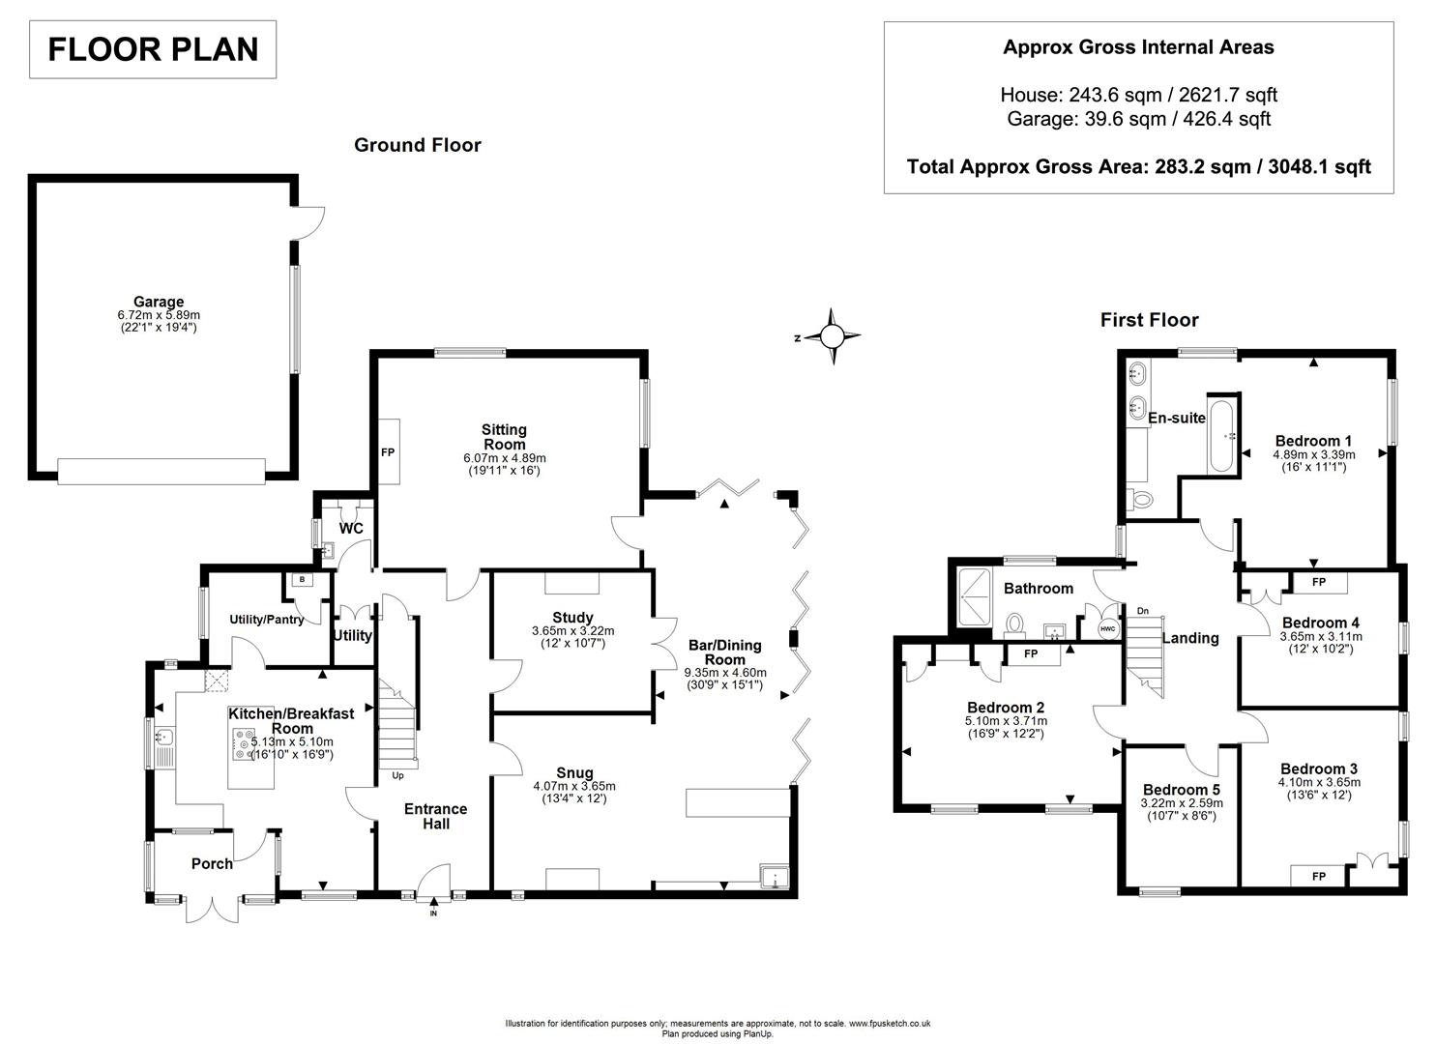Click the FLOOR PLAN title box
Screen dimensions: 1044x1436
pyautogui.click(x=153, y=49)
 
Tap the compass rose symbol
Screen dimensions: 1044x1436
pyautogui.click(x=833, y=336)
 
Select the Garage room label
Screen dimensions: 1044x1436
pyautogui.click(x=159, y=302)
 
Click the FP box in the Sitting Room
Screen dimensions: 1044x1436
pyautogui.click(x=388, y=451)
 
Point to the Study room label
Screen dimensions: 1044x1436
pyautogui.click(x=572, y=618)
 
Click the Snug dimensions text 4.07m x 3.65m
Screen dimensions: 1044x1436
pyautogui.click(x=573, y=786)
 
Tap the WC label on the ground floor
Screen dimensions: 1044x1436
pyautogui.click(x=351, y=529)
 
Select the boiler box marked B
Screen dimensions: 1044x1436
pyautogui.click(x=303, y=579)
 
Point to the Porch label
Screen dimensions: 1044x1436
pyautogui.click(x=212, y=863)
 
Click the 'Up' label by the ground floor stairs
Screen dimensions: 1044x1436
pyautogui.click(x=397, y=775)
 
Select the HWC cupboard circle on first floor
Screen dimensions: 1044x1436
pyautogui.click(x=1106, y=628)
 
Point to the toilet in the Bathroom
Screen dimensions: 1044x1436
pyautogui.click(x=1015, y=624)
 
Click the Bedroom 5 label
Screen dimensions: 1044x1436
pyautogui.click(x=1181, y=789)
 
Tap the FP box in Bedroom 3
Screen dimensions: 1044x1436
pyautogui.click(x=1318, y=876)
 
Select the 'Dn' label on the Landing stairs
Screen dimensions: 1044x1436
pyautogui.click(x=1142, y=611)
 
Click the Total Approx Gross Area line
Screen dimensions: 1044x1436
pyautogui.click(x=1138, y=166)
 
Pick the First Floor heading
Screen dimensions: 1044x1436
pyautogui.click(x=1149, y=320)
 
